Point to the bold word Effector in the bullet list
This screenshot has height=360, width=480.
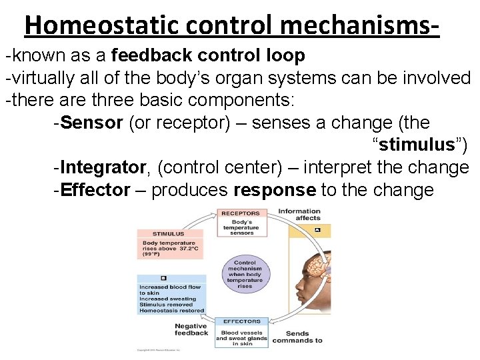[95, 190]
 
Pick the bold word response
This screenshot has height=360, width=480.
[275, 190]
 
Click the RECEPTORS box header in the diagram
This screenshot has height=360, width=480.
[241, 213]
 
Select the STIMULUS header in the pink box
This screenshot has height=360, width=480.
[169, 234]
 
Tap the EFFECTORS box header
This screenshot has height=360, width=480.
[241, 322]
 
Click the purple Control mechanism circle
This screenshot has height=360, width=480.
[245, 274]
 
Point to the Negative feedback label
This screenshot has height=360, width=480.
[191, 330]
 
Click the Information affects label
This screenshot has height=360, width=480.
[299, 215]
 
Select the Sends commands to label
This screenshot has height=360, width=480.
[303, 337]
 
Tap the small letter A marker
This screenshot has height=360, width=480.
[317, 231]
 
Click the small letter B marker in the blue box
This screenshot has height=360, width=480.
[163, 278]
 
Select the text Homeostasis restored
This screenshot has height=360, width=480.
[171, 311]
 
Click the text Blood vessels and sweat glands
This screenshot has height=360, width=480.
[241, 338]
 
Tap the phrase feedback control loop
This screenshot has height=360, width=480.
[209, 55]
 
